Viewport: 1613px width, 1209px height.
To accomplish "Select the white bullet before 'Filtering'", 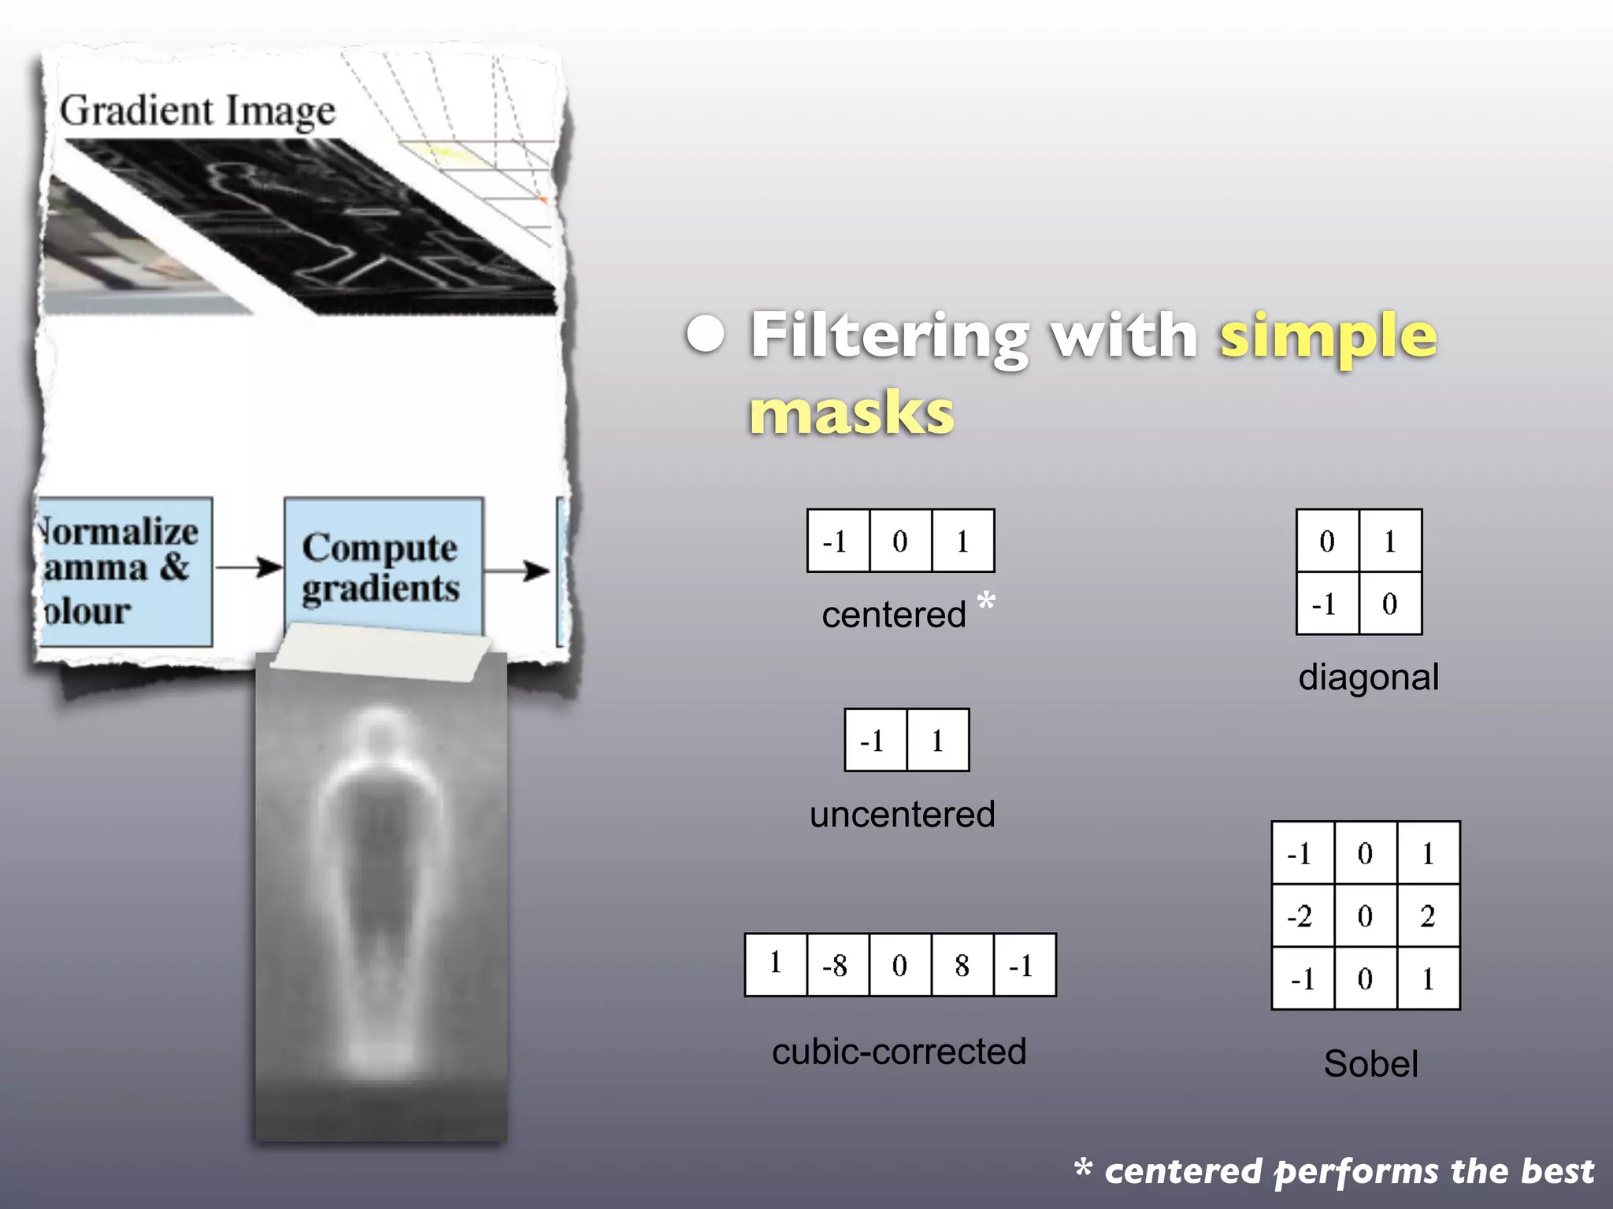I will (704, 335).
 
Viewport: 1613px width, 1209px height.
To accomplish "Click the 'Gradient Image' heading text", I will (198, 111).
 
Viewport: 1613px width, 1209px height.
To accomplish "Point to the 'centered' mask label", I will (893, 615).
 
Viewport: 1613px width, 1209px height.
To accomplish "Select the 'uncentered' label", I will (903, 815).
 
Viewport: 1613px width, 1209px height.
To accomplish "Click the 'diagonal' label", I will (1368, 678).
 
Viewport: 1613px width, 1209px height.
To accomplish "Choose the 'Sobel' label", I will (1370, 1064).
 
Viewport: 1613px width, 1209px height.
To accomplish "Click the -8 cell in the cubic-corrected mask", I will (837, 965).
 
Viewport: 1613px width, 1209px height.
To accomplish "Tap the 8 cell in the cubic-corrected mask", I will (962, 965).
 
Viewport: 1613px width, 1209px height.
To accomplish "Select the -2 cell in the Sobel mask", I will (1302, 915).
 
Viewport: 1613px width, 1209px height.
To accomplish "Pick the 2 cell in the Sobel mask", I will (1428, 915).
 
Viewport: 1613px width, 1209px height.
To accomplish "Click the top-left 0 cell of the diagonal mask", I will (1327, 541).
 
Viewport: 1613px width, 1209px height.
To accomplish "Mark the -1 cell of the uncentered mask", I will (875, 741).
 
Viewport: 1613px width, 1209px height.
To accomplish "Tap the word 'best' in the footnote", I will (1557, 1172).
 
